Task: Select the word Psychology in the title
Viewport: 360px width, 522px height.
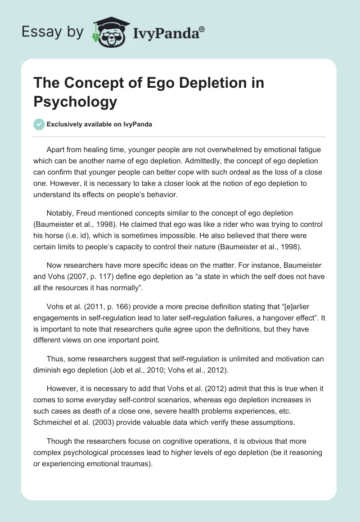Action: [x=75, y=102]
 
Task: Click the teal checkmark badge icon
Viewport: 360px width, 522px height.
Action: [x=39, y=124]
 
